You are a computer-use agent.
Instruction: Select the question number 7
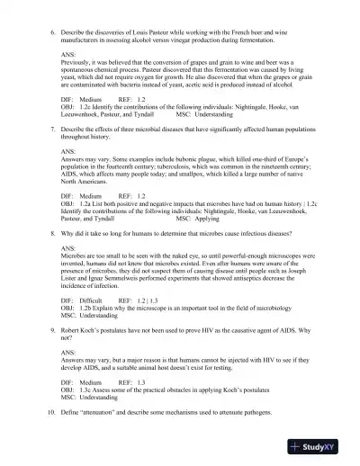51,154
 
